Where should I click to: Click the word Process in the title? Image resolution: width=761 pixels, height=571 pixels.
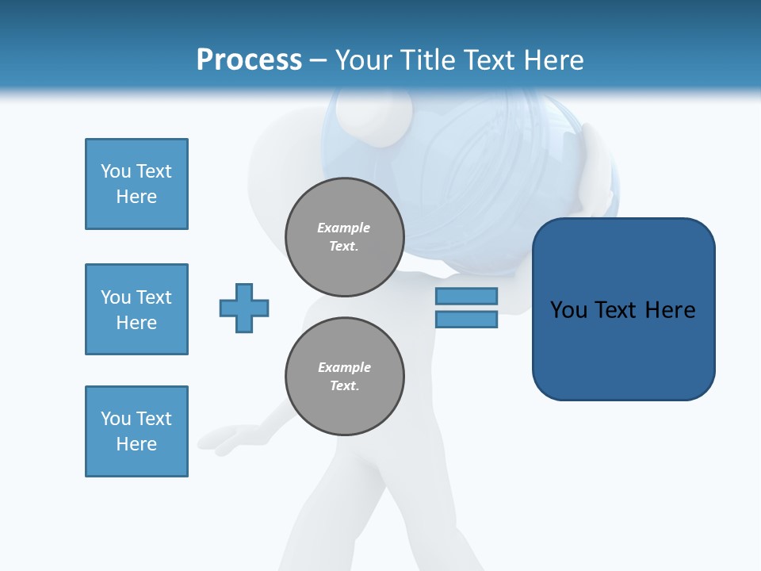[249, 60]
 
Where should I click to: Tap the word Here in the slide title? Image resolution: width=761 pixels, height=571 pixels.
[552, 60]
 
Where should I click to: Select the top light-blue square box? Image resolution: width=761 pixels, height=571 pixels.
[136, 184]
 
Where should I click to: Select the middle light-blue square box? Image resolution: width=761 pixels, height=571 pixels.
[136, 309]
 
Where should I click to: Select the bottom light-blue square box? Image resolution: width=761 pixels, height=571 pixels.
[136, 431]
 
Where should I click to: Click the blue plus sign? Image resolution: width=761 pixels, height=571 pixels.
[244, 308]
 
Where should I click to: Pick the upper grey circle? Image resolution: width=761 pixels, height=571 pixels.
[345, 237]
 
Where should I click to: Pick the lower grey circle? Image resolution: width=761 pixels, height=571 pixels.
[345, 377]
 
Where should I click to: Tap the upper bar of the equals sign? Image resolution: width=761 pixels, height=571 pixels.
[466, 296]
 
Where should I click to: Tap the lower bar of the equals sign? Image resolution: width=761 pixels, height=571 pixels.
[466, 320]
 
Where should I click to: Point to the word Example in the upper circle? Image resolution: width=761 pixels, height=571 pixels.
[344, 228]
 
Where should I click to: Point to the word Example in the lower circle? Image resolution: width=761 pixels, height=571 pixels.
[344, 367]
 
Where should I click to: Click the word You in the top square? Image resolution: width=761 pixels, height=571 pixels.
[116, 171]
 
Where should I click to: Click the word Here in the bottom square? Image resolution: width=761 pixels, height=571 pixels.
[136, 444]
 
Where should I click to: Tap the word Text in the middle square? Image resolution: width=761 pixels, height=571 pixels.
[154, 297]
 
